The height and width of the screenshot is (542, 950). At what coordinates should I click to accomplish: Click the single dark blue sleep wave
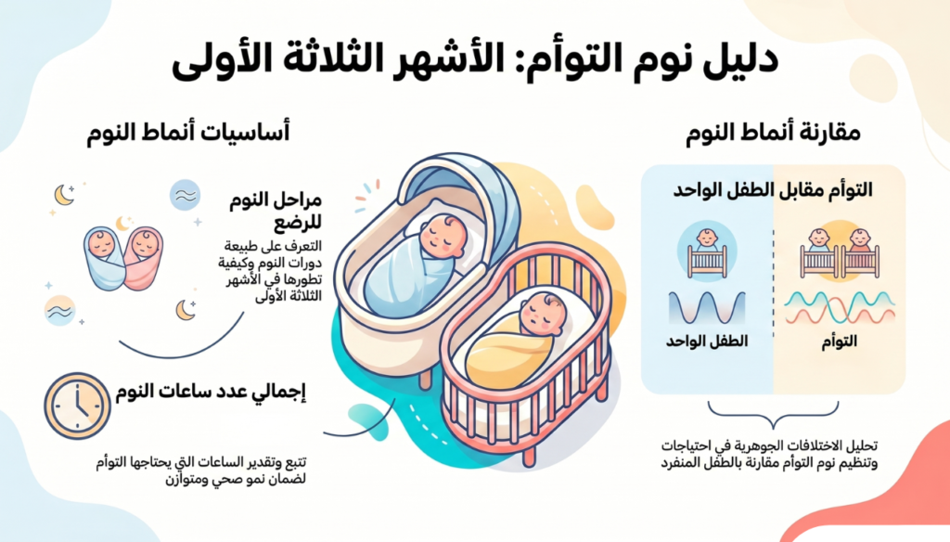tap(707, 307)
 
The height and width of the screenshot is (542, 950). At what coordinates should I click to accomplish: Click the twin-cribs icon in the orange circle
tap(839, 252)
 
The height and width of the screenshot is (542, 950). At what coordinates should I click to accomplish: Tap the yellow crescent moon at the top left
tap(63, 194)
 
